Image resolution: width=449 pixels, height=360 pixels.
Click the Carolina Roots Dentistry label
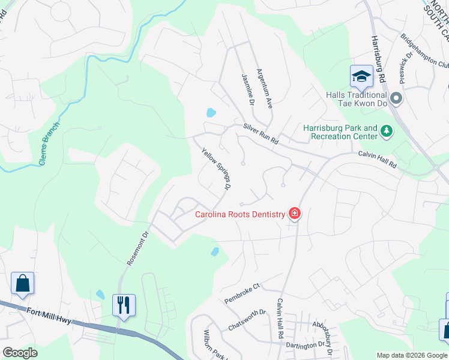pos(240,214)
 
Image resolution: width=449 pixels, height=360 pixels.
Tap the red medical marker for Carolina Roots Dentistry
pos(294,214)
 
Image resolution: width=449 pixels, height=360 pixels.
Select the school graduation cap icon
pos(361,76)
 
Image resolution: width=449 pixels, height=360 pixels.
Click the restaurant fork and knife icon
pos(124,305)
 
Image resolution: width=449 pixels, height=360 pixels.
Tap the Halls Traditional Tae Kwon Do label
pos(356,100)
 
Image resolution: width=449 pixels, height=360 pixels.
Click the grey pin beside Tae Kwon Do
pos(396,98)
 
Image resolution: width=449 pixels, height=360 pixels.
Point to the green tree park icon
pos(387,130)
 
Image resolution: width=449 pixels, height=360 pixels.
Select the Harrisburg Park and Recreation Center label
pos(340,132)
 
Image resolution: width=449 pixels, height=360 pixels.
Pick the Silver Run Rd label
pos(261,134)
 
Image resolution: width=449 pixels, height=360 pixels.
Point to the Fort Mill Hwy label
pos(49,314)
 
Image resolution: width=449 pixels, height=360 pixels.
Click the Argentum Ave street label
pos(265,88)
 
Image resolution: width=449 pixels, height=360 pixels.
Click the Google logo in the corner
pos(20,353)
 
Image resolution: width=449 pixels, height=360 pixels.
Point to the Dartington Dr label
pos(309,346)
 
